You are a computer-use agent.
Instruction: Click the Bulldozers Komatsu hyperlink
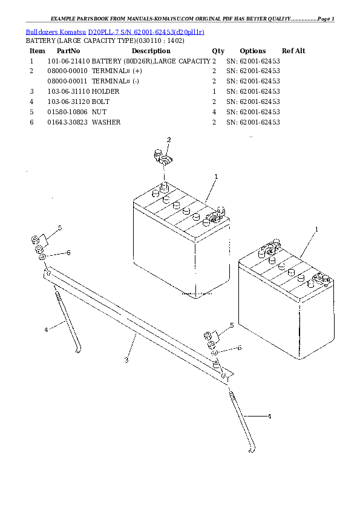point(56,32)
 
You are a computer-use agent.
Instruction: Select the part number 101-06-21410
point(68,61)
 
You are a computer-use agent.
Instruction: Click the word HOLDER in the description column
point(105,91)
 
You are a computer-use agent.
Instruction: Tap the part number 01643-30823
point(68,122)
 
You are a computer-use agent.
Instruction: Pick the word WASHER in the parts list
point(106,122)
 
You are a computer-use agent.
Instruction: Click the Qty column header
point(218,51)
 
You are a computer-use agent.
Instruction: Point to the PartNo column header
point(68,51)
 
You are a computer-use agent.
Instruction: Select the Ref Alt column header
point(293,51)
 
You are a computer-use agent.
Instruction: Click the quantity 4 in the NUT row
point(214,112)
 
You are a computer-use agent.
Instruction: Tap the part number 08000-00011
point(67,81)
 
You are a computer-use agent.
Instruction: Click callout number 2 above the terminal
point(169,140)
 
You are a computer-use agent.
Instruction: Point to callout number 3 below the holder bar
point(126,360)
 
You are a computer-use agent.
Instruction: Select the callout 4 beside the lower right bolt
point(269,416)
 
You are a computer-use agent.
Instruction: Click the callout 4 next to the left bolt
point(46,330)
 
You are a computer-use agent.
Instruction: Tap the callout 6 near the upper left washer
point(68,253)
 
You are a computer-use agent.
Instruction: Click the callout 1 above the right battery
point(316,230)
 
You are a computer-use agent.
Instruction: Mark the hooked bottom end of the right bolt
point(252,450)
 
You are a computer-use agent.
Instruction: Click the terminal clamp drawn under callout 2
point(163,157)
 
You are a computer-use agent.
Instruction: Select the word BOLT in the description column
point(100,102)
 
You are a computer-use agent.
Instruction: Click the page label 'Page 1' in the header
point(326,19)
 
